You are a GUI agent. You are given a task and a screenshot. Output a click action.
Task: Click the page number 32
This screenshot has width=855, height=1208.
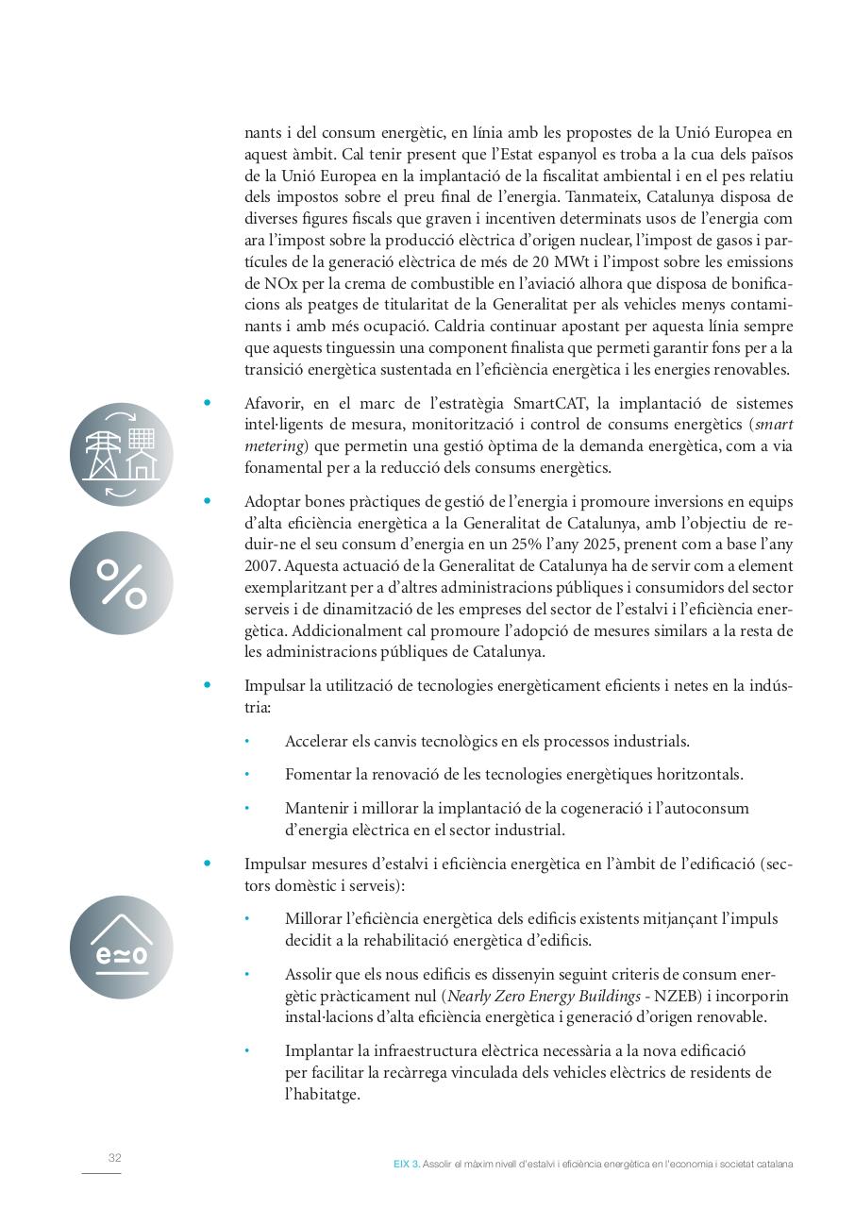coord(114,1158)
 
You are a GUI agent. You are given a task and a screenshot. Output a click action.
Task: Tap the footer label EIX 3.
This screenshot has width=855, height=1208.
coord(406,1164)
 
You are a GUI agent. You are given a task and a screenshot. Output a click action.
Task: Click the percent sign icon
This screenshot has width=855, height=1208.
coord(121,582)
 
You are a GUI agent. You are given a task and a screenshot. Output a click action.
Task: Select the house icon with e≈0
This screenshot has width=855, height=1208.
coord(121,947)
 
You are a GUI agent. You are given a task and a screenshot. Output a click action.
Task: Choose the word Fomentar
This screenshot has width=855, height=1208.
coord(319,775)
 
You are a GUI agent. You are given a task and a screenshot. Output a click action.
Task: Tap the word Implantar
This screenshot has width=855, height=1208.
coord(319,1050)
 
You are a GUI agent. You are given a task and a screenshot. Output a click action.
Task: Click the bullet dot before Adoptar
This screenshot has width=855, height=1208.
coord(208,501)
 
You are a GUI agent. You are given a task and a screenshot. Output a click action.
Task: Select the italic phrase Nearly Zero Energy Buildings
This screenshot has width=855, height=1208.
coord(552,996)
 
